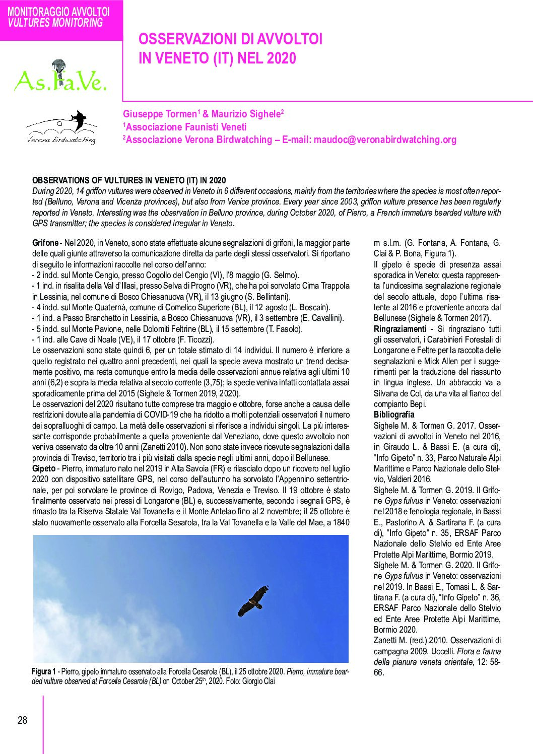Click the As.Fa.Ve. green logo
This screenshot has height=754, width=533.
pyautogui.click(x=60, y=78)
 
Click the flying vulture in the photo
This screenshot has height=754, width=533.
pyautogui.click(x=253, y=601)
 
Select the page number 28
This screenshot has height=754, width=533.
pyautogui.click(x=23, y=720)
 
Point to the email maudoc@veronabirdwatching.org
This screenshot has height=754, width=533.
pyautogui.click(x=385, y=140)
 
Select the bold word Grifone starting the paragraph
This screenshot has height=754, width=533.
pyautogui.click(x=45, y=243)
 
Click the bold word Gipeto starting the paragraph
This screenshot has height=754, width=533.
pyautogui.click(x=44, y=468)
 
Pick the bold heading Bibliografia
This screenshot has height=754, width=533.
pyautogui.click(x=394, y=415)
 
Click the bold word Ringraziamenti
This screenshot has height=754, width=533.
pyautogui.click(x=400, y=329)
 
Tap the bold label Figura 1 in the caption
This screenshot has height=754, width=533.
pyautogui.click(x=43, y=672)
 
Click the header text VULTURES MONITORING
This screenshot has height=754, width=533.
pyautogui.click(x=55, y=23)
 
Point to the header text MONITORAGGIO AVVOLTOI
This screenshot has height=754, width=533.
pyautogui.click(x=58, y=12)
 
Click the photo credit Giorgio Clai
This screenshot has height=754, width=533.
pyautogui.click(x=258, y=681)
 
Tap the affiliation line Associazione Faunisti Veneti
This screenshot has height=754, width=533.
pyautogui.click(x=186, y=127)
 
